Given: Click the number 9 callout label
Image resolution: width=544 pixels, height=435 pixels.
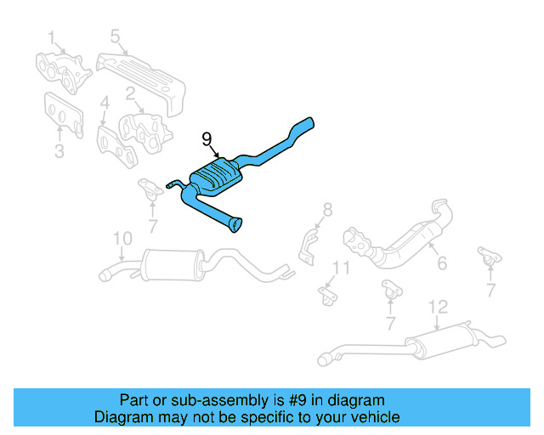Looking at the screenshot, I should (207, 138).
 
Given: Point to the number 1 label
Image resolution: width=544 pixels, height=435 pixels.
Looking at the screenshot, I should (51, 37).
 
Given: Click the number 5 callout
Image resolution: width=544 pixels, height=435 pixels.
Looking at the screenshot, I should (114, 36).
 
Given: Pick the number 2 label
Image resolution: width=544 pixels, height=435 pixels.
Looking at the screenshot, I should (131, 93).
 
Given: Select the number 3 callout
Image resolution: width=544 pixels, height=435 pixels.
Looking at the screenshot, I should (59, 152).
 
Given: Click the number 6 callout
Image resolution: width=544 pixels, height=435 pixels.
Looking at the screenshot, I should (441, 264).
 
